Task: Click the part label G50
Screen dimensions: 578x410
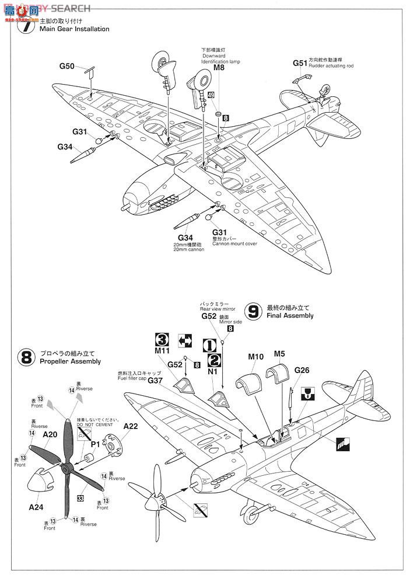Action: tap(66, 67)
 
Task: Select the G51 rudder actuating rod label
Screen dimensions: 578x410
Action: tap(300, 62)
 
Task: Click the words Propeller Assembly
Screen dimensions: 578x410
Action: tap(70, 361)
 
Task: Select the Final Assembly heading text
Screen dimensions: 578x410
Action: tap(290, 315)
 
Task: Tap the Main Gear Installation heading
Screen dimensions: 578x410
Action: tap(74, 29)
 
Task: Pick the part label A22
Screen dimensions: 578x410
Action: tap(131, 426)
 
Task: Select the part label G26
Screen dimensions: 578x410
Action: tap(303, 369)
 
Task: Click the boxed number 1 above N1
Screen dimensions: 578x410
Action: tap(210, 345)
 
